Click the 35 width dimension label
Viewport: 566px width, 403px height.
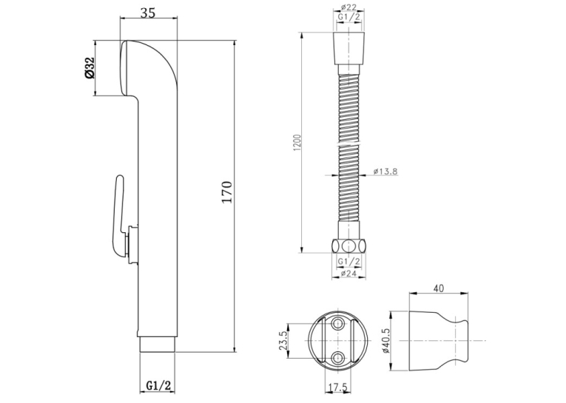coord(148,13)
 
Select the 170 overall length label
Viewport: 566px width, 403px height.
coord(226,192)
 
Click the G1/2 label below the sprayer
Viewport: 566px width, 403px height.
coord(158,385)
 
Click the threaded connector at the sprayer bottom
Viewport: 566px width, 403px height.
coord(158,344)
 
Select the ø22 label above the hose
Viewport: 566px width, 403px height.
coord(348,7)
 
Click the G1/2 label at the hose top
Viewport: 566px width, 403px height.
coord(348,17)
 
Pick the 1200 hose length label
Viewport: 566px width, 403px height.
coord(297,143)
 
